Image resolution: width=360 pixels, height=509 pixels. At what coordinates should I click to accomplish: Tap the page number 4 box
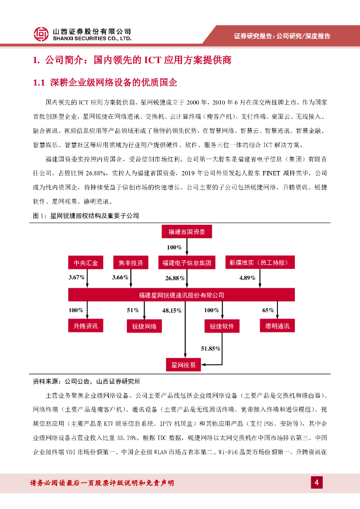click(x=317, y=482)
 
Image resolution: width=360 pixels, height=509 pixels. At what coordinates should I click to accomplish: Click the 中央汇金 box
click(x=86, y=262)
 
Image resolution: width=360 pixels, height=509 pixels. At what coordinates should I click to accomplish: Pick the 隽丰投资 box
click(x=131, y=262)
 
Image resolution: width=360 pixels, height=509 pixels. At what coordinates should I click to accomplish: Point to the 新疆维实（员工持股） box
click(x=259, y=262)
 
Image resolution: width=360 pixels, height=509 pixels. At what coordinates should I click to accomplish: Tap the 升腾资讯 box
click(x=86, y=326)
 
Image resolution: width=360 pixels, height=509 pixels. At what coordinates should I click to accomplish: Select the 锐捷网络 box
click(x=144, y=327)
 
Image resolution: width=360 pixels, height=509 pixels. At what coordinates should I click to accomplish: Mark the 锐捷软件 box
click(x=222, y=327)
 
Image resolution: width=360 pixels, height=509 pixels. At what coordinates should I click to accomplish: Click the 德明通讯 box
click(x=277, y=326)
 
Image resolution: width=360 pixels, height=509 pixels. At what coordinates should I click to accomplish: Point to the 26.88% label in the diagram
click(x=175, y=278)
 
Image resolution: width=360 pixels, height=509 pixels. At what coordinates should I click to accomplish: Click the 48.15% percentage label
click(x=172, y=311)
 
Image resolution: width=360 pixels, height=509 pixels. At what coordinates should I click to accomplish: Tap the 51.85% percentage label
click(x=210, y=349)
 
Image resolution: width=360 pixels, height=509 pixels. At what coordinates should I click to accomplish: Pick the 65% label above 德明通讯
click(x=268, y=310)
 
